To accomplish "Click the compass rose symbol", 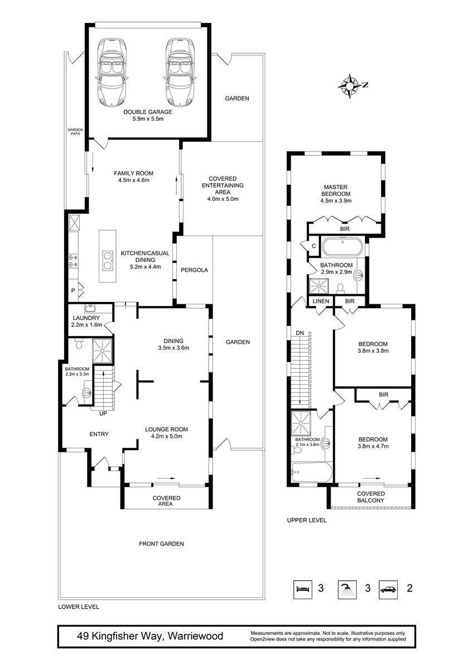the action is coord(350,86).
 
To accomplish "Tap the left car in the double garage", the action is coord(113,72).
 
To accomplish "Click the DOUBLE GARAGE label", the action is coord(148,112).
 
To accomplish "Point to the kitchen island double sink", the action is coord(108,261).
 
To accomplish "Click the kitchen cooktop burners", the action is coord(73,261).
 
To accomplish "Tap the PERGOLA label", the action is coord(194,270).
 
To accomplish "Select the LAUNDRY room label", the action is coord(86,318).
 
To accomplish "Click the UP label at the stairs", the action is coord(103,414).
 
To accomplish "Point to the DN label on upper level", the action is coord(300,333).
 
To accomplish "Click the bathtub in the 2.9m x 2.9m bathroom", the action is coord(342,247).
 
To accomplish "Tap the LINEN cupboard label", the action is coord(321,301).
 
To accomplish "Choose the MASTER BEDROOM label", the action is coord(336,190).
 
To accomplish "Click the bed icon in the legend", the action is coord(303,588).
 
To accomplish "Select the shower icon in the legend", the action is coord(347,588).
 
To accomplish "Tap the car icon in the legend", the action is coord(388,588).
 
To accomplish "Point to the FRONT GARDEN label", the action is coord(161,544).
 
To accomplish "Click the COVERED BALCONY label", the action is coord(371,497).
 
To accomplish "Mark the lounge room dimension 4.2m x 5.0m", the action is coord(166,436).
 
